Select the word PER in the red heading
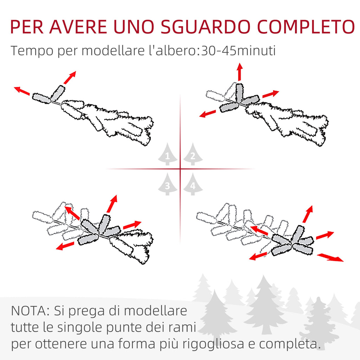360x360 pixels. pos(27,27)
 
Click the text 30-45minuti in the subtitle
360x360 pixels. pos(239,51)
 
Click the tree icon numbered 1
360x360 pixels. pos(168,154)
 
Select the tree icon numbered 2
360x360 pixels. pos(193,154)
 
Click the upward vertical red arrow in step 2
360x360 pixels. pos(240,72)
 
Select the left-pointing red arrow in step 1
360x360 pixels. pos(22,91)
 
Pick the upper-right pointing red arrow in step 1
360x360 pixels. pos(70,78)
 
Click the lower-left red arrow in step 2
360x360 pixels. pos(207,114)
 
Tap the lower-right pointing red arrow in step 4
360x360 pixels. pos(330,257)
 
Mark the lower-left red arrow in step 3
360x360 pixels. pos(65,246)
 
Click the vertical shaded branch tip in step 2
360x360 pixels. pos(239,92)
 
